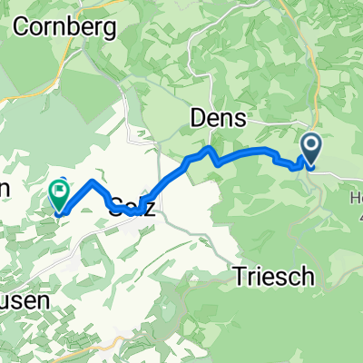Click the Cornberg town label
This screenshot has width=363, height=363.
click(66, 28)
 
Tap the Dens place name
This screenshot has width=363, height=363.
click(214, 116)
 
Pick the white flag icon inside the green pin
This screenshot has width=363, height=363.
click(61, 191)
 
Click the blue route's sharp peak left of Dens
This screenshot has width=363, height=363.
click(211, 147)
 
